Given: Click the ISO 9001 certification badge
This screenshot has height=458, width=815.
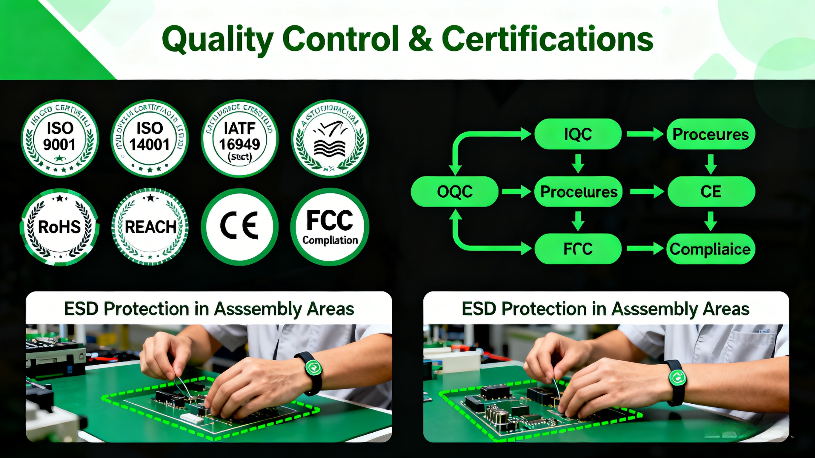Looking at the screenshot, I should tap(60, 138).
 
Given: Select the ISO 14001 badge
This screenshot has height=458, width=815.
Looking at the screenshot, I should tap(150, 138).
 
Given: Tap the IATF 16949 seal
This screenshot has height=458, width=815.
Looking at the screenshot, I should tap(239, 138).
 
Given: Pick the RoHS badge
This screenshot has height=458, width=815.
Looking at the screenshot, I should tap(60, 227).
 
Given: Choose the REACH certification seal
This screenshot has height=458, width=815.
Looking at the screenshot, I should tap(150, 227).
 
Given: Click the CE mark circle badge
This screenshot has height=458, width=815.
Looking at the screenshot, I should tap(239, 227).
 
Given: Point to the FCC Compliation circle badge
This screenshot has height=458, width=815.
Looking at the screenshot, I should tap(330, 227).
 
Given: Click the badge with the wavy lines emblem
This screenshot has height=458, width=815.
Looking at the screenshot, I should tap(330, 138).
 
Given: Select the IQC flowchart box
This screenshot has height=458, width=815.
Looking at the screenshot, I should tap(578, 134).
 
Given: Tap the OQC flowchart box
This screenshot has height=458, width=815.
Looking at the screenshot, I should tap(454, 191).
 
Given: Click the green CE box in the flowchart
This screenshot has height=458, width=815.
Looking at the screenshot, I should tap(711, 191).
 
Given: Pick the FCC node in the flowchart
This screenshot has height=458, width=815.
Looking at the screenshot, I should tap(578, 249).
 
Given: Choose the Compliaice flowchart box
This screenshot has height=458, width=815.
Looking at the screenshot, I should tap(711, 249).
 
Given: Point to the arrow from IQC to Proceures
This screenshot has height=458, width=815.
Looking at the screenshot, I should tap(645, 134).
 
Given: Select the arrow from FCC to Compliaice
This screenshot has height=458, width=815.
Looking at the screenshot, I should tap(645, 249).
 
